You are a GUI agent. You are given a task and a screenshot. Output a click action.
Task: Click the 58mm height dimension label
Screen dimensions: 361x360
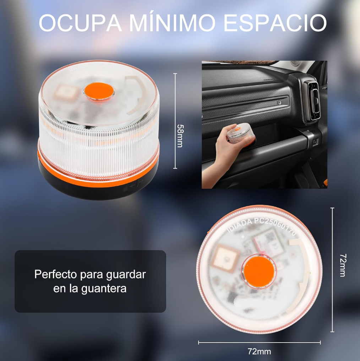(x=180, y=136)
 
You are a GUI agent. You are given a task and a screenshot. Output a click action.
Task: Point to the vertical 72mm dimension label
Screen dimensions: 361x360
(x=342, y=265)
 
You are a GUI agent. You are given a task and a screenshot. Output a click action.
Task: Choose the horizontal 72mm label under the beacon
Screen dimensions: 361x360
(x=259, y=352)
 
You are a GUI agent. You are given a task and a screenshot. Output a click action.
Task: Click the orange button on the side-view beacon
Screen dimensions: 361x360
(x=99, y=92)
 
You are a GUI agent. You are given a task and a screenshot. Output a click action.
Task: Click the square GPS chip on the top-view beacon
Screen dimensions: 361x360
(x=227, y=257)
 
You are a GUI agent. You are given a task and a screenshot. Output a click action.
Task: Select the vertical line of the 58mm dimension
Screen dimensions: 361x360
(x=175, y=121)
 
